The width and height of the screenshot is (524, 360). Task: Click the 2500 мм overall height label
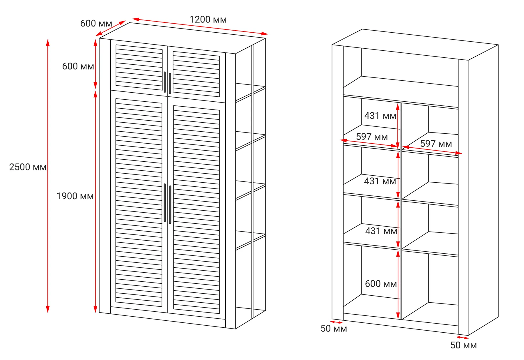[x=28, y=167]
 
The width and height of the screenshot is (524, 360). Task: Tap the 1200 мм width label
[x=208, y=20]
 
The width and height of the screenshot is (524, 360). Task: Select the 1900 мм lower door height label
[x=75, y=196]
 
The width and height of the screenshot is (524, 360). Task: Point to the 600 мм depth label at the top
[x=96, y=24]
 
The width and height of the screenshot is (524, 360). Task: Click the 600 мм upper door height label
[x=78, y=66]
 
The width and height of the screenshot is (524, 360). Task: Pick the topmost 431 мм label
[x=380, y=116]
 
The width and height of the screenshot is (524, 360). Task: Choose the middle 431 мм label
[x=380, y=181]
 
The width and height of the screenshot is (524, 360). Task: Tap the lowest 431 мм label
[x=381, y=231]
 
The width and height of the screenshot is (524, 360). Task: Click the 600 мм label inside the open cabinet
[x=381, y=284]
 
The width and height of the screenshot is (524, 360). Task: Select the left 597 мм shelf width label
[x=372, y=137]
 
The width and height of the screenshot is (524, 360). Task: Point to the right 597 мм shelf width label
[x=436, y=144]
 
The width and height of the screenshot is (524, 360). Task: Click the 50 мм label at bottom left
[x=334, y=329]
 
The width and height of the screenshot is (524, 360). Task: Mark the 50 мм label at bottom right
[x=463, y=345]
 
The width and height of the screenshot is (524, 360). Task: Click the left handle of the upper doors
[x=165, y=82]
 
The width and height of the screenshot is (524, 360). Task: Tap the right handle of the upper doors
[x=170, y=84]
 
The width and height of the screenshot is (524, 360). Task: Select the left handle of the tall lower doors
[x=165, y=203]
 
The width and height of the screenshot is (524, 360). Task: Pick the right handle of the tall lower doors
[x=170, y=204]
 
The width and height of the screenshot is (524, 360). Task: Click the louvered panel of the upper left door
[x=139, y=67]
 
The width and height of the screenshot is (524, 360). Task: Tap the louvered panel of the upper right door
[x=196, y=74]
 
